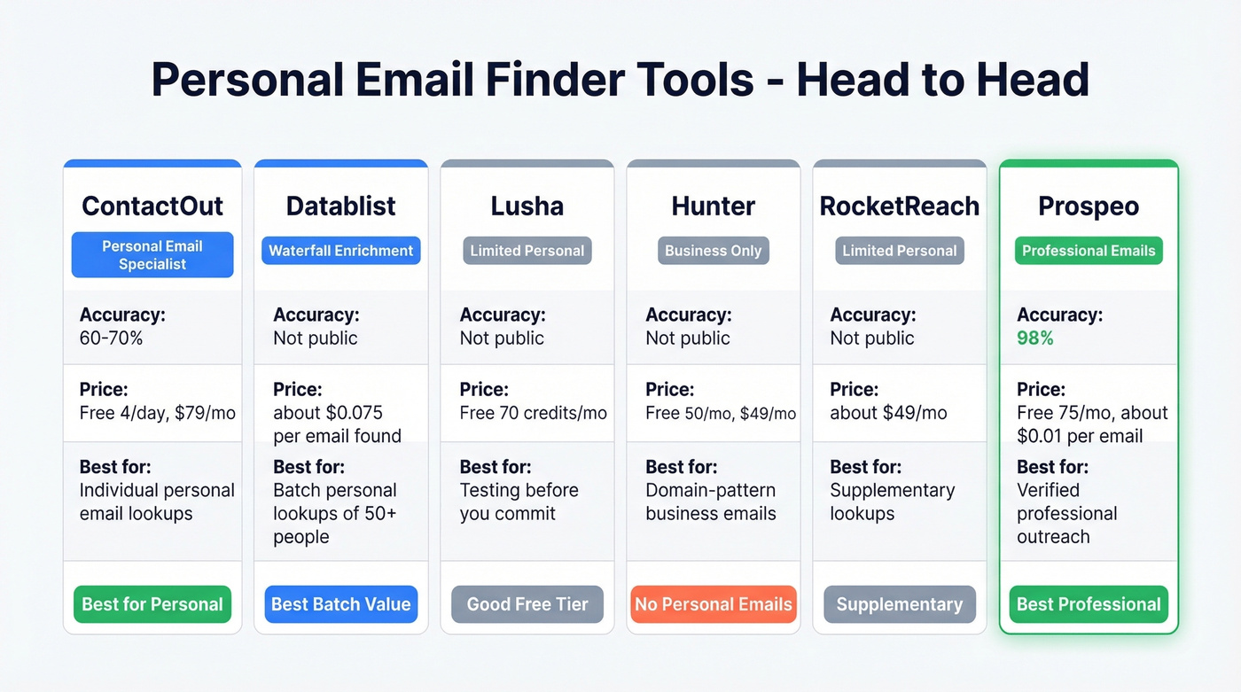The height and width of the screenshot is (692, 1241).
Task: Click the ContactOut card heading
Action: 152,206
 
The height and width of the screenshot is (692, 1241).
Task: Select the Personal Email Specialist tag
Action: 152,255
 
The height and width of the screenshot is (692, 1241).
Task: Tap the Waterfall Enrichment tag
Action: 341,251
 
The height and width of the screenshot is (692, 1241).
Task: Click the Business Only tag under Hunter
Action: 713,251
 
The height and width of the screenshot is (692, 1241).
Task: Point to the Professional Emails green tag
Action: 1089,251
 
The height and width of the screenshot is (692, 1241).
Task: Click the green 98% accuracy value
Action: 1035,338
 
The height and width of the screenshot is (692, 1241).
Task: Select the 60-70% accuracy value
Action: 113,338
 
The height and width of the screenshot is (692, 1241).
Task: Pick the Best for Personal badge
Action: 152,604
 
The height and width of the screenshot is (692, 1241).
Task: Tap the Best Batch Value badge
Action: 341,604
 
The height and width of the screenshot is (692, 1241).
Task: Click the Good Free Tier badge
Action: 527,604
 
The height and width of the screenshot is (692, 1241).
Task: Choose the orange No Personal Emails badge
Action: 713,604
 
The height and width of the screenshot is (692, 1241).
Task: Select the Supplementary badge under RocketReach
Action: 899,604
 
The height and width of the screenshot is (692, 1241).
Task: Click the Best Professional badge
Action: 1089,604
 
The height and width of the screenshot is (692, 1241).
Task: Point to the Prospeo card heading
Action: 1089,206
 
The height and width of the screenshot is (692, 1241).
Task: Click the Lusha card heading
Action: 527,206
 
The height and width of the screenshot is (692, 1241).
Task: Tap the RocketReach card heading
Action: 899,206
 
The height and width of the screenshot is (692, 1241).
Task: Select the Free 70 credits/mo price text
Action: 534,413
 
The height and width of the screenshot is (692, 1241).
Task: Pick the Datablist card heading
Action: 341,206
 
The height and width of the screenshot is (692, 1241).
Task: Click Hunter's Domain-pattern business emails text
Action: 711,502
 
